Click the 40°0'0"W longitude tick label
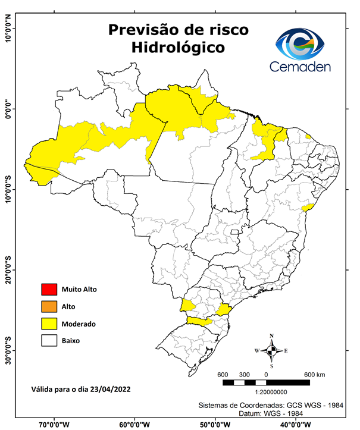tap(298, 424)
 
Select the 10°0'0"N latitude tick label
tap(8, 28)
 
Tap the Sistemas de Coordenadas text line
tap(273, 406)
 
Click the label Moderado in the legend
tap(79, 324)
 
